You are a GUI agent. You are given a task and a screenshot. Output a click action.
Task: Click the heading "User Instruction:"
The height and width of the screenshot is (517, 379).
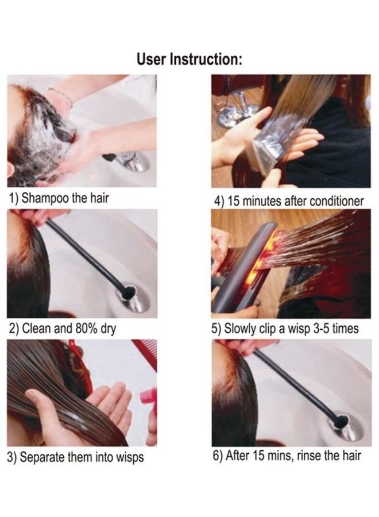(189, 59)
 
